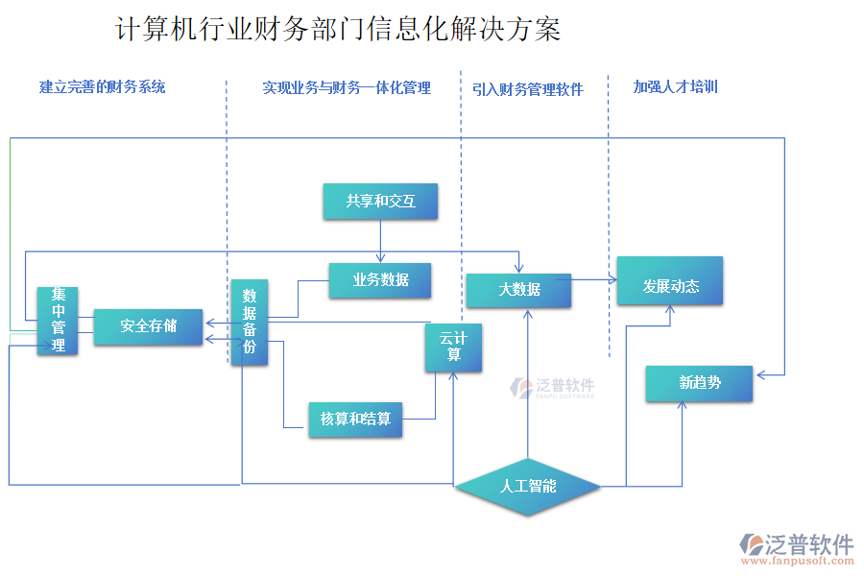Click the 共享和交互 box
381,202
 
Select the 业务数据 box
380,280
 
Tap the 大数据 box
518,290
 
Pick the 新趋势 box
699,383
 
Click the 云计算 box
453,348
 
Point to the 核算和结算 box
355,419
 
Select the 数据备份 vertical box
250,323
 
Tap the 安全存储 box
148,326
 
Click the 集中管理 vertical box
58,321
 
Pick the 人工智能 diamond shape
528,486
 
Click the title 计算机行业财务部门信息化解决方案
338,30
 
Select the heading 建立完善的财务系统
103,87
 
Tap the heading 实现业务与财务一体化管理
347,88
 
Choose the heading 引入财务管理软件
528,89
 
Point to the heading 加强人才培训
675,86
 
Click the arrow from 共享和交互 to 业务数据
381,240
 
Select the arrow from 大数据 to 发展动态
593,281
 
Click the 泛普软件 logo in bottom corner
796,548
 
